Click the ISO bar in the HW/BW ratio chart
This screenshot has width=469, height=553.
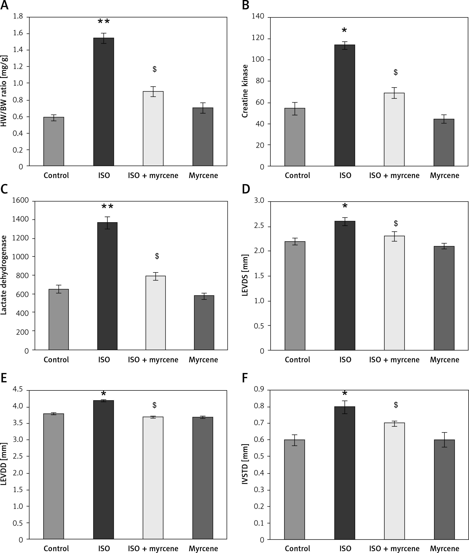(x=103, y=102)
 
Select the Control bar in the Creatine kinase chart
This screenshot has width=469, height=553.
(x=295, y=137)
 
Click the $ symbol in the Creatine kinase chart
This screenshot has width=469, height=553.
(x=396, y=72)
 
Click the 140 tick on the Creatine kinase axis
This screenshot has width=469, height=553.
(x=258, y=16)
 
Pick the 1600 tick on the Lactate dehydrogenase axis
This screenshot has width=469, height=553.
(x=21, y=201)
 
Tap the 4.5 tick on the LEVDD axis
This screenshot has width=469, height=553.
(x=18, y=390)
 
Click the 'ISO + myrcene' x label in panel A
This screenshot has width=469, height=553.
(x=153, y=176)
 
